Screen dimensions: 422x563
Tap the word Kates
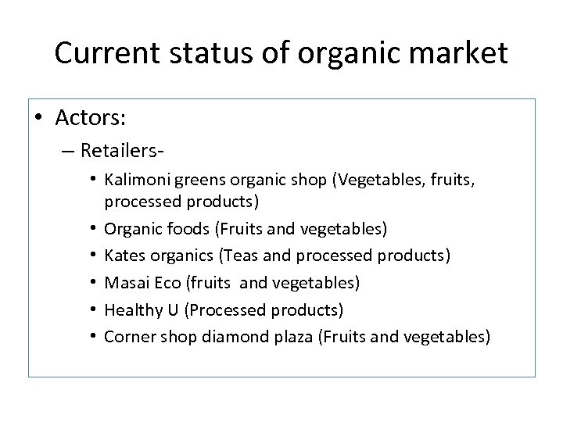coord(123,256)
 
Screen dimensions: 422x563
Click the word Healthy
coord(130,310)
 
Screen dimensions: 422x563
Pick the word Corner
coord(128,337)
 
